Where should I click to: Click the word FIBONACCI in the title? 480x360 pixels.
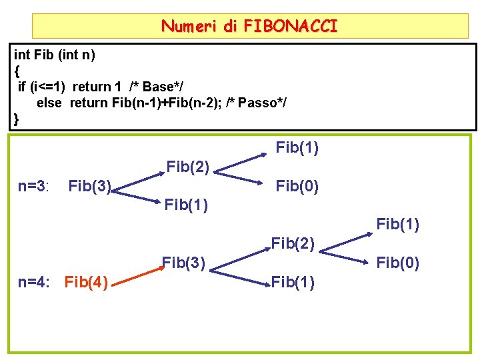tap(291, 27)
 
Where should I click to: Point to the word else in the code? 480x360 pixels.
tap(49, 103)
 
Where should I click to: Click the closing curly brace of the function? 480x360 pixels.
tap(17, 119)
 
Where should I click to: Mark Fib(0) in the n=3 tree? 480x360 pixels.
tap(297, 187)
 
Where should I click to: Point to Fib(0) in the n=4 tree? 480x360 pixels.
tap(398, 263)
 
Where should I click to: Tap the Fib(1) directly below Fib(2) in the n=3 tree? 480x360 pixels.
tap(187, 205)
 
